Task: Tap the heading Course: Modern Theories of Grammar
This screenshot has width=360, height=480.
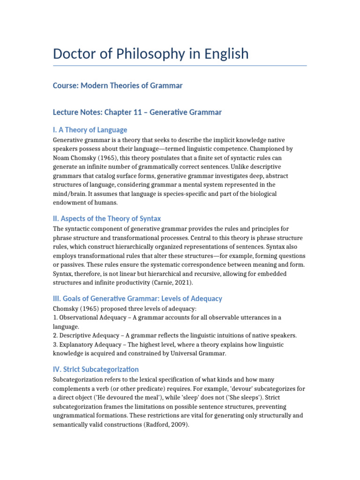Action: (118, 85)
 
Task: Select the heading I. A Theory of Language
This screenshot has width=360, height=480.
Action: (90, 130)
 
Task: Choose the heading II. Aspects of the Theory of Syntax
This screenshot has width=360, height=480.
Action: (107, 219)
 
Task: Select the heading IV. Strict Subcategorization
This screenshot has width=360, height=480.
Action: (96, 369)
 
